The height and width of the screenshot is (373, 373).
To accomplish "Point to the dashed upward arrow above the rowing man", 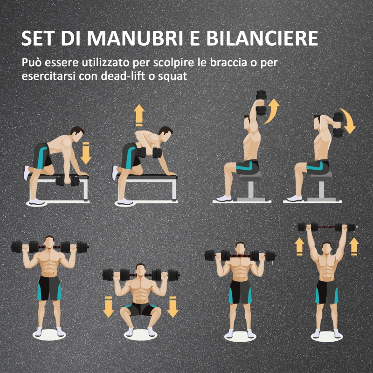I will click(139, 115).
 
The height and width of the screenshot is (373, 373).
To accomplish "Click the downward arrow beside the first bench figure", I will click(86, 154).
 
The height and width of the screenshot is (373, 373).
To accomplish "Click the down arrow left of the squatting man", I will click(109, 306).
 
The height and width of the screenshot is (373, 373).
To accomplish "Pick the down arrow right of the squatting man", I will click(173, 306).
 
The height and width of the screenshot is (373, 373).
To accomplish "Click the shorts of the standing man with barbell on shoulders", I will click(49, 288).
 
